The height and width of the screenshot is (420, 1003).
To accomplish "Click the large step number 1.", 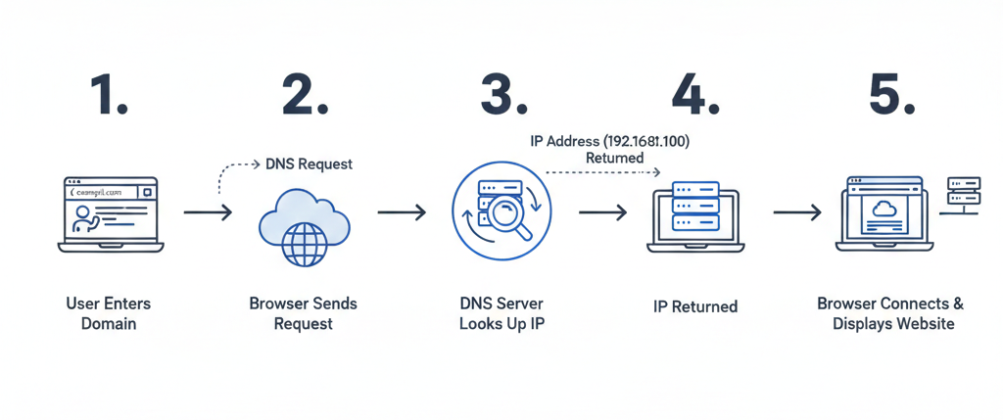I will click(109, 95).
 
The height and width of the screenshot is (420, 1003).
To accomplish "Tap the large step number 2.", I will click(305, 95).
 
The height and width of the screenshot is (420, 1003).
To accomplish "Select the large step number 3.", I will click(502, 95).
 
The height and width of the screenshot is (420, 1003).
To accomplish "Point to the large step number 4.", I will click(695, 95).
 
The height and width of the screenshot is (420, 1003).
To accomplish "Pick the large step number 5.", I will click(892, 95).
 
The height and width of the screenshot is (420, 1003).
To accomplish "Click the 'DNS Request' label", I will click(309, 164).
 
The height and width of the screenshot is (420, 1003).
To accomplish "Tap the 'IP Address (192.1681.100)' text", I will click(610, 142).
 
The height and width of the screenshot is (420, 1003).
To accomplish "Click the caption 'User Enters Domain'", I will click(109, 313).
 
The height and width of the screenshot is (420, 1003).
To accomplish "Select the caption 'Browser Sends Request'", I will click(304, 313).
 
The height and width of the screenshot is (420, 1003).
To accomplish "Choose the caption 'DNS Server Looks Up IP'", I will click(501, 313).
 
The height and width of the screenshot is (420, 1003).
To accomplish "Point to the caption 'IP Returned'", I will click(695, 306).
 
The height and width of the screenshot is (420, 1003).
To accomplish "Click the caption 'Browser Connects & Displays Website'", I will click(890, 313).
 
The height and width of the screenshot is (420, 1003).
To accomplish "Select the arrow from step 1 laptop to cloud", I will click(208, 211).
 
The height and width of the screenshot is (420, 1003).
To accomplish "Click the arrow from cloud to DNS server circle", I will click(402, 211).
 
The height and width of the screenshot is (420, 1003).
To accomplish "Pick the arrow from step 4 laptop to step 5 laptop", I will click(797, 211).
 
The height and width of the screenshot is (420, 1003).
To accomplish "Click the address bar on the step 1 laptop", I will click(102, 193).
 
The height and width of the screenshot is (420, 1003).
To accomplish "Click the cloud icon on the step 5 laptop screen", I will click(884, 208).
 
